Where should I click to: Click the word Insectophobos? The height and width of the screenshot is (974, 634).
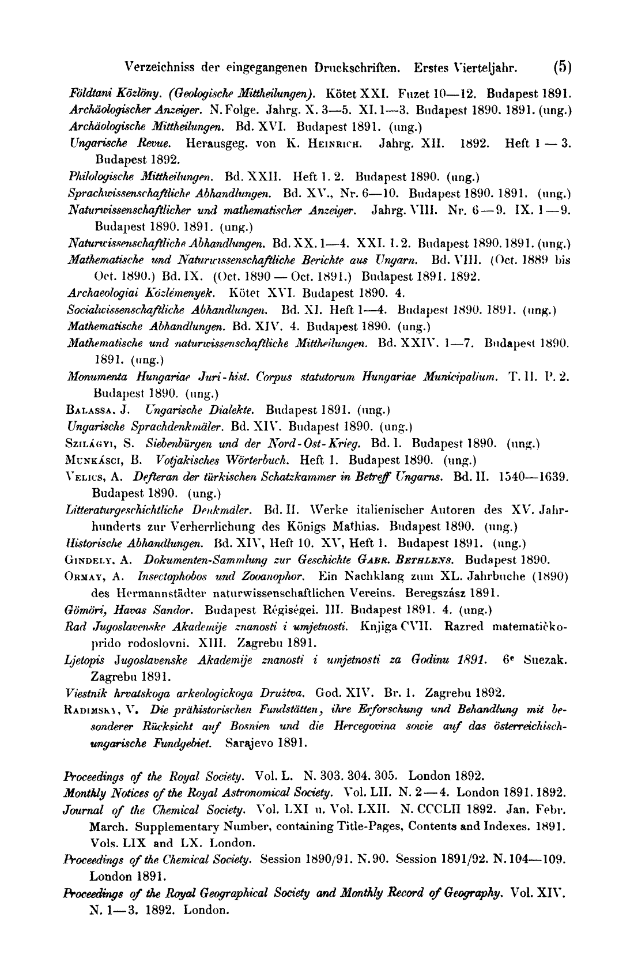[174, 576]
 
